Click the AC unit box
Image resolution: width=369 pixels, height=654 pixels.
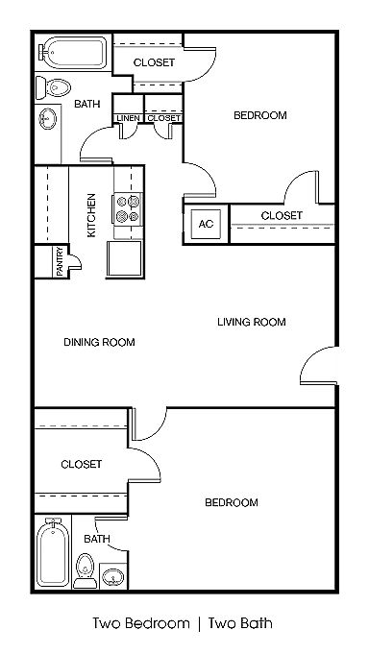(206, 224)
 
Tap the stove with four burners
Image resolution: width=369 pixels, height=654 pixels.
(128, 208)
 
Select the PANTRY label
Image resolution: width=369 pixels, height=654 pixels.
(61, 261)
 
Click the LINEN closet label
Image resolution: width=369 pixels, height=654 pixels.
(128, 118)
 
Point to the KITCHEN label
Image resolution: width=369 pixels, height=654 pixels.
(91, 215)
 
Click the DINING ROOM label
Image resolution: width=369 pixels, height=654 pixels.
(99, 343)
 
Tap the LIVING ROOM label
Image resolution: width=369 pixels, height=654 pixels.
(252, 322)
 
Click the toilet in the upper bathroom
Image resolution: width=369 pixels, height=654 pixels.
(53, 87)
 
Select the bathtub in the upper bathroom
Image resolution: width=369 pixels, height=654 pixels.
(74, 53)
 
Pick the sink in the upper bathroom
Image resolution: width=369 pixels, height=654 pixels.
(48, 118)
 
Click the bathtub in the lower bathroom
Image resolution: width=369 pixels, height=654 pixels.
(53, 552)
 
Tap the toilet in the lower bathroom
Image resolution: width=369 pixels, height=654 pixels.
(86, 571)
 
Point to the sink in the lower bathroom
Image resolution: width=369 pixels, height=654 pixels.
(112, 577)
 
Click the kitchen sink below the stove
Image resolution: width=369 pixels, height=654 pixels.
(125, 257)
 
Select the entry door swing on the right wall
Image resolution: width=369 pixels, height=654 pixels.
(318, 365)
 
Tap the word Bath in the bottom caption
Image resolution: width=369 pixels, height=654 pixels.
(255, 624)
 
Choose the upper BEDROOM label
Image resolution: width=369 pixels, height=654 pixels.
(260, 115)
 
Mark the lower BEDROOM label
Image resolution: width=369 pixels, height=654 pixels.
(232, 502)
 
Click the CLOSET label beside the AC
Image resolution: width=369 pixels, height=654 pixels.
(282, 216)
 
